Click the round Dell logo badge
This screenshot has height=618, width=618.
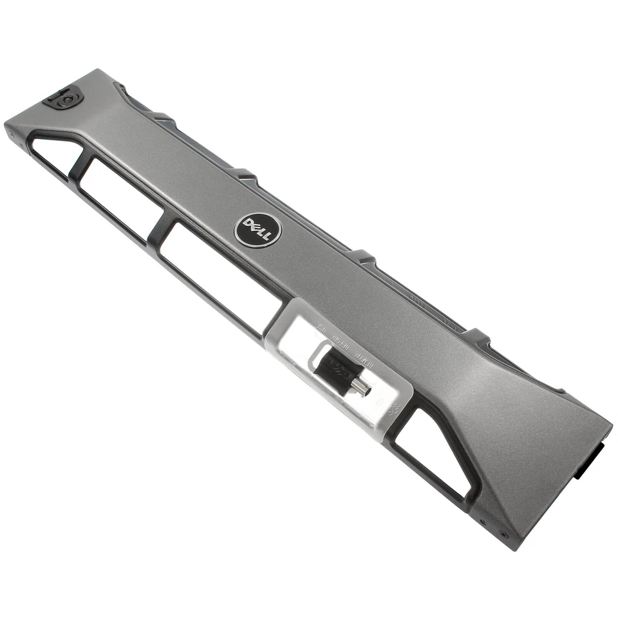coord(257,229)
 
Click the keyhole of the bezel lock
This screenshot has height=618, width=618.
coord(65,100)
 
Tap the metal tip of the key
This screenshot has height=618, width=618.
coord(363,388)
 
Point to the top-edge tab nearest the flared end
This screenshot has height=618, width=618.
coord(476,335)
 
